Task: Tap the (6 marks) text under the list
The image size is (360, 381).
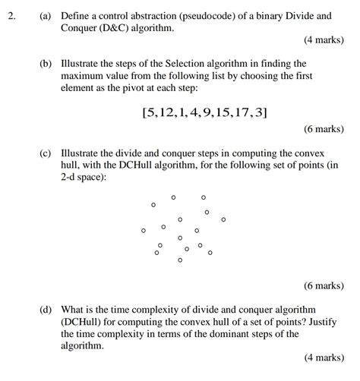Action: (x=324, y=129)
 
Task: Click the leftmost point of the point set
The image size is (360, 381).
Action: (x=143, y=230)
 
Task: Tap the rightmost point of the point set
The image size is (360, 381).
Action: (x=223, y=219)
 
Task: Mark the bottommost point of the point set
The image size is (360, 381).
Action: (x=180, y=260)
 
